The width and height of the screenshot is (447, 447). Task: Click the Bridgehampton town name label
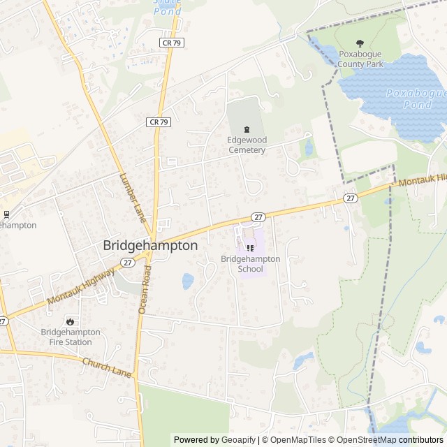(x=150, y=246)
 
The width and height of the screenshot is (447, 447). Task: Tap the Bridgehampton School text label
(x=251, y=264)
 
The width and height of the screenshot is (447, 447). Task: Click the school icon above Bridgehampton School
(x=251, y=248)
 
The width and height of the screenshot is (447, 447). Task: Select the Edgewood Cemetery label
(x=247, y=145)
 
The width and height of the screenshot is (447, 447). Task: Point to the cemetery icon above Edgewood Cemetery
(x=246, y=129)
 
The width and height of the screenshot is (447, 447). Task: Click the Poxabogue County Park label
(x=360, y=59)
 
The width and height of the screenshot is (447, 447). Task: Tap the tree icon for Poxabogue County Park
(x=360, y=43)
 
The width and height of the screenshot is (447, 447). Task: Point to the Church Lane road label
(x=107, y=368)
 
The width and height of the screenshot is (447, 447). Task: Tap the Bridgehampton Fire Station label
(x=70, y=337)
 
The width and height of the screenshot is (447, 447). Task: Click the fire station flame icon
(x=70, y=321)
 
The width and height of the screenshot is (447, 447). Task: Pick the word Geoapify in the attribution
(x=240, y=440)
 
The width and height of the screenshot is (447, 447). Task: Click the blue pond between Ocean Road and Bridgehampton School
(x=188, y=281)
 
